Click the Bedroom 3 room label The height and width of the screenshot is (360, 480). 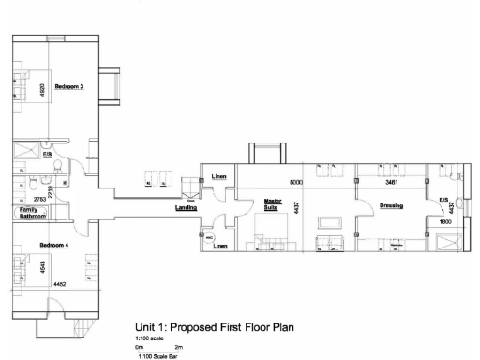[x=69, y=87]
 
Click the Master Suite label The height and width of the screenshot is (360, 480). [x=273, y=203]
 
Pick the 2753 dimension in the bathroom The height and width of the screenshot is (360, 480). [x=40, y=200]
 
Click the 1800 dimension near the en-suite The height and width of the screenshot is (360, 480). [x=444, y=221]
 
